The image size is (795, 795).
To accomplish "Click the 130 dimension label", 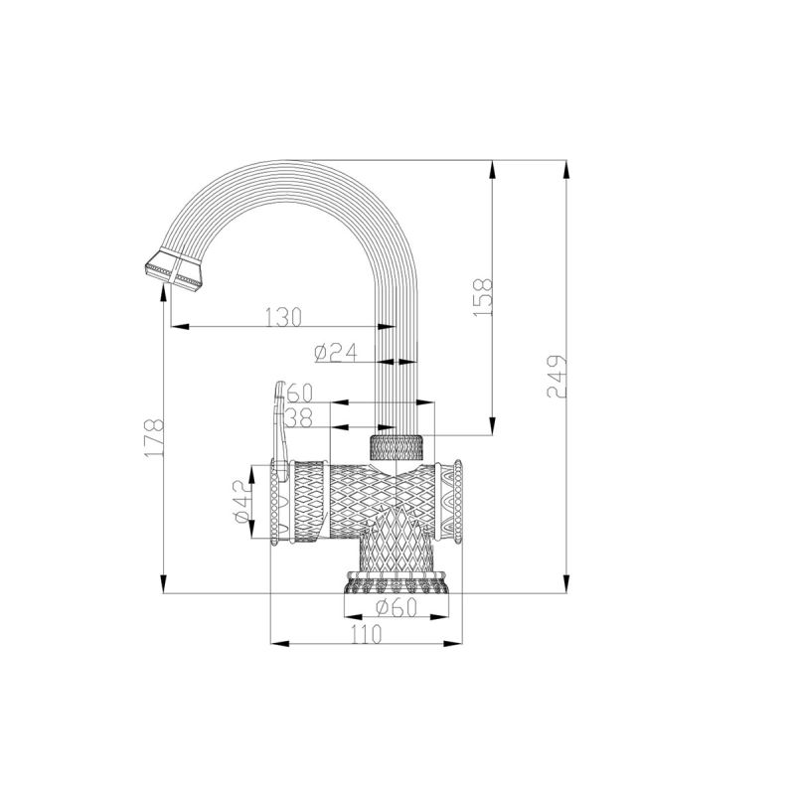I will click(x=283, y=316).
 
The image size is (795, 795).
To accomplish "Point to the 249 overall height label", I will click(x=556, y=376).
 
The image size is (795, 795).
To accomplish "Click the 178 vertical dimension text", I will click(x=153, y=437).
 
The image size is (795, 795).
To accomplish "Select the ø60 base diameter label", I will click(x=397, y=609).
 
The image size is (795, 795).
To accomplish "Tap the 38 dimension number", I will click(x=299, y=416).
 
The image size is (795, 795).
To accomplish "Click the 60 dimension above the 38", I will click(x=299, y=393).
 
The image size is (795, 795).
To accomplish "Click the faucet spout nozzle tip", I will click(x=174, y=268).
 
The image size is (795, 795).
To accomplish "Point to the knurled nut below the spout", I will click(x=397, y=446).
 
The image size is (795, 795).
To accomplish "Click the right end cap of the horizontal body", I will click(x=458, y=503).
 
